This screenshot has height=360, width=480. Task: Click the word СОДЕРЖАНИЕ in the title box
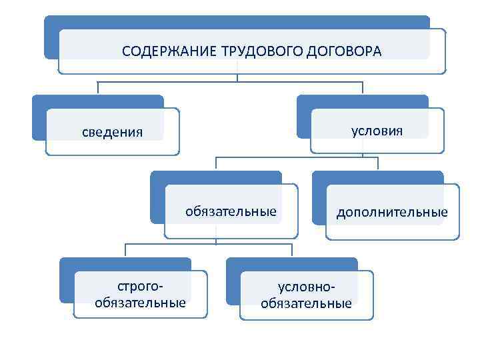tap(163, 51)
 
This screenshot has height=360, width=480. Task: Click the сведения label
tap(112, 131)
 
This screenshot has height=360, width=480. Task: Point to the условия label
tap(377, 129)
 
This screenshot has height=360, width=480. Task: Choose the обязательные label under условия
tap(231, 212)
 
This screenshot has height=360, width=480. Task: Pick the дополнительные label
tap(392, 213)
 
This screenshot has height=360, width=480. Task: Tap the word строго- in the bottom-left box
tap(140, 287)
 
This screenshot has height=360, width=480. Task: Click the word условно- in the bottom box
tap(306, 287)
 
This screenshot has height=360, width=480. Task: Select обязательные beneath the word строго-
tap(140, 303)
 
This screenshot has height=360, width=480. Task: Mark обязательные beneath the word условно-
tap(306, 304)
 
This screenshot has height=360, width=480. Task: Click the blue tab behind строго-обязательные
tap(65, 280)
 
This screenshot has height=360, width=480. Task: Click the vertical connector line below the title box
tap(237, 77)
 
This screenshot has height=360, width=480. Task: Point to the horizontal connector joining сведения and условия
tap(167, 82)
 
